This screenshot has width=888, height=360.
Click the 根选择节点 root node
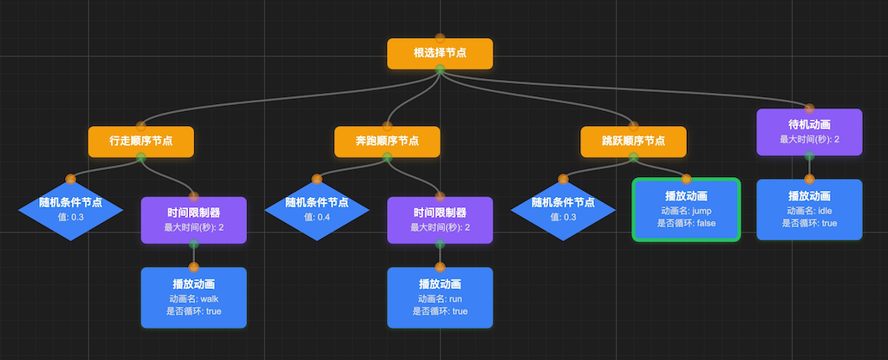pos(440,53)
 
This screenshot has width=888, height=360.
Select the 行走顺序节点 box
pos(140,141)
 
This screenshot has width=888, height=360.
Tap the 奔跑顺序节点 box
pos(387,141)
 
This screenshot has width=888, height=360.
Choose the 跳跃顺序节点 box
pos(633,141)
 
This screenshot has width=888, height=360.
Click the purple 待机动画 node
pos(809,132)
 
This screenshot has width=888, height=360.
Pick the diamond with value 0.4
pos(317,209)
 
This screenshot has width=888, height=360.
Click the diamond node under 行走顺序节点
pos(70,209)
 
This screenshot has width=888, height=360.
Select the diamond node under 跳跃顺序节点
pos(563,209)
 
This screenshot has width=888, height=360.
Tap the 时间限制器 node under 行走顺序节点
pos(194,219)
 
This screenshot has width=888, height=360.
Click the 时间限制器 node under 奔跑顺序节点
pos(440,219)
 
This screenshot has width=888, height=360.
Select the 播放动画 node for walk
pos(194,298)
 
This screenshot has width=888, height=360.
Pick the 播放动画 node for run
pos(440,298)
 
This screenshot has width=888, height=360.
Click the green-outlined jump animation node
pos(686,209)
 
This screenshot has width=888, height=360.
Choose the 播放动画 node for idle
pos(809,209)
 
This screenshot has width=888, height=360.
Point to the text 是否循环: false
pos(686,223)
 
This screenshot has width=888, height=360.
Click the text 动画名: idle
pos(809,211)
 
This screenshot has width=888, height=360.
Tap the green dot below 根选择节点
pos(440,69)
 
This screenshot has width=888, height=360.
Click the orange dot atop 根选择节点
pos(440,37)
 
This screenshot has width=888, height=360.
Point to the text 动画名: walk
pos(194,298)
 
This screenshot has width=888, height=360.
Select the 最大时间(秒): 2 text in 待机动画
pos(809,139)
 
